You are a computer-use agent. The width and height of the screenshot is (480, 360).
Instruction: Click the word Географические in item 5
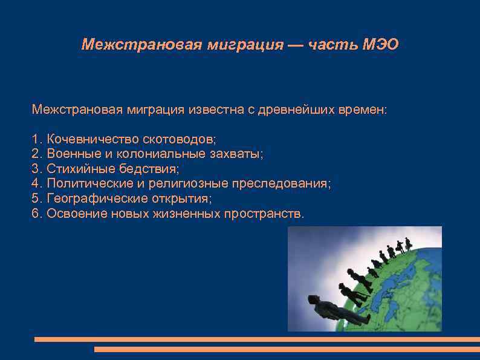coord(91,198)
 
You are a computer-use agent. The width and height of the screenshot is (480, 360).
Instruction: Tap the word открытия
coord(182,198)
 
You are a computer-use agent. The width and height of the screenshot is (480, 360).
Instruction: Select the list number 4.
coord(35,184)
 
